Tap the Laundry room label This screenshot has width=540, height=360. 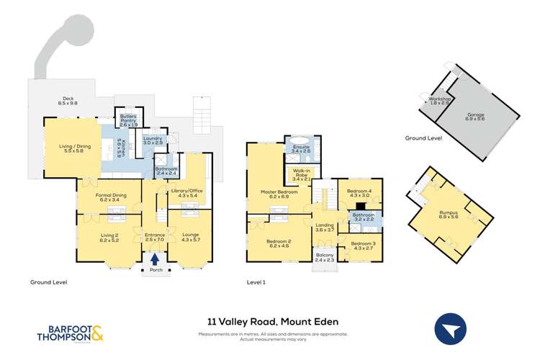click(153, 140)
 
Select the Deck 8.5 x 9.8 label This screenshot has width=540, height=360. click(69, 102)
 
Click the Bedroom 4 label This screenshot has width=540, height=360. click(359, 193)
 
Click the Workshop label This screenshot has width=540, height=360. click(439, 101)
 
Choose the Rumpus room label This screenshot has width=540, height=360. click(449, 215)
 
